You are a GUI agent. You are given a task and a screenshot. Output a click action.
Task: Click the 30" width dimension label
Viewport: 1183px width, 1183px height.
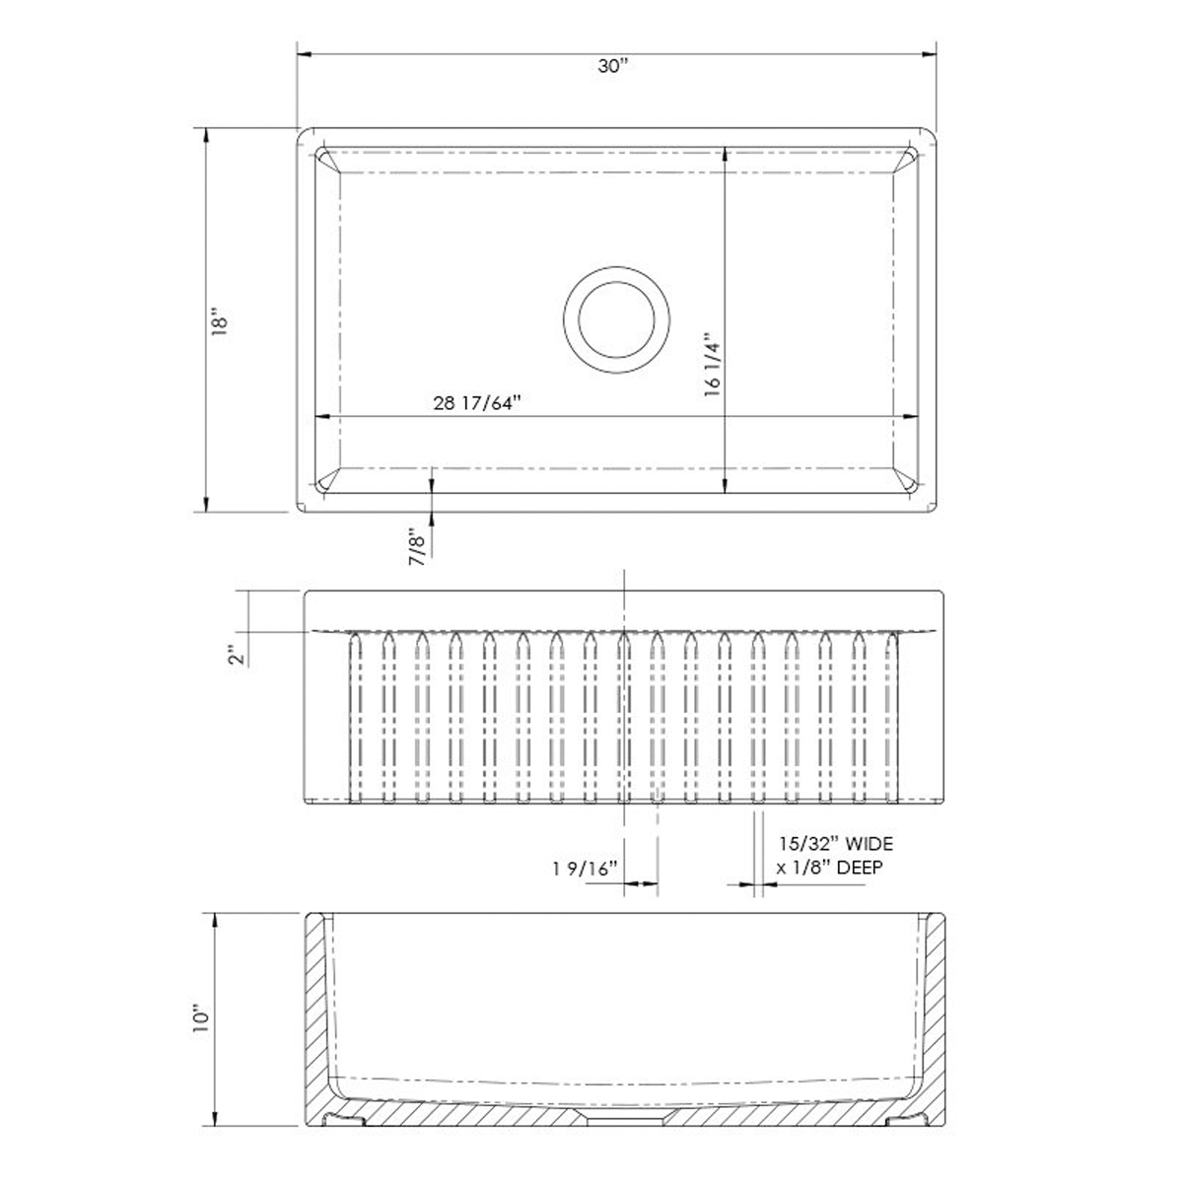(612, 67)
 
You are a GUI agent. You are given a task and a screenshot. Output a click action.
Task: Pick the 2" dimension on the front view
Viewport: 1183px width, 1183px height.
(234, 655)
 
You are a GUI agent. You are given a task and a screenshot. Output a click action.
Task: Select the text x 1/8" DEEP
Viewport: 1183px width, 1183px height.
(829, 868)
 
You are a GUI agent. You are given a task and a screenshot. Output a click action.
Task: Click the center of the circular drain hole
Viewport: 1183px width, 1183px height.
(617, 318)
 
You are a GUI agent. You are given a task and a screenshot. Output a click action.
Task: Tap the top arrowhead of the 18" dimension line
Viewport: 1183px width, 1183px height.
(205, 134)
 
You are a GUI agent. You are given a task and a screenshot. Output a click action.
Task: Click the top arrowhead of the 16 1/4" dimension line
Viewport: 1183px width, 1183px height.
(725, 154)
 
